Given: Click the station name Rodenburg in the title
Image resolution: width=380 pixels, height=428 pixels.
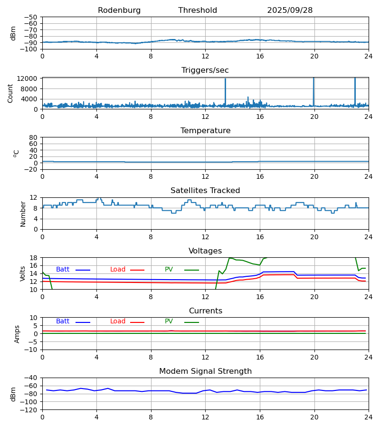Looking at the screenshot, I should (x=119, y=10).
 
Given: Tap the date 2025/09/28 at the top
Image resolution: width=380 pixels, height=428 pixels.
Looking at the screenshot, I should (x=290, y=10).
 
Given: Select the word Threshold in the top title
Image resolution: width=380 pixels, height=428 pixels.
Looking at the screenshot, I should (x=198, y=10).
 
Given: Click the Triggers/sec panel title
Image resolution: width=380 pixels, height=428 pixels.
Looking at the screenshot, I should (x=205, y=70).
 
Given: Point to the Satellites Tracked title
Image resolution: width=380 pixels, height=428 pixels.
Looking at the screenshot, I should (x=205, y=191).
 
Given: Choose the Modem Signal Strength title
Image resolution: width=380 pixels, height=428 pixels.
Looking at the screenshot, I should (x=205, y=371).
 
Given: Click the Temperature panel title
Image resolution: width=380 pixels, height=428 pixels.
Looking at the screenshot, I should (x=205, y=131).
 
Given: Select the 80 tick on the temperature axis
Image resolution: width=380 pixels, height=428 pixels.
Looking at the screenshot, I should (x=33, y=137).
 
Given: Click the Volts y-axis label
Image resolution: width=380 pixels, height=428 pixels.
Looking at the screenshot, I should (x=23, y=273).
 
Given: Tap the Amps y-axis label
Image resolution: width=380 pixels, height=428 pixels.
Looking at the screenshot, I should (x=17, y=334).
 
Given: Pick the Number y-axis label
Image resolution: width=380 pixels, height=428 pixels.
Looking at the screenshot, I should (x=23, y=214).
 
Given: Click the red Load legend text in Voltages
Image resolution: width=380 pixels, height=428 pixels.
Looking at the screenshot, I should (x=118, y=270).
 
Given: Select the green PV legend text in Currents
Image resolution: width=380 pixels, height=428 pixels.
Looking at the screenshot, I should (x=169, y=321).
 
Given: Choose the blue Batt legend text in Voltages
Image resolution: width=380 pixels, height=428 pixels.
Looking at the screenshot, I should (x=63, y=270).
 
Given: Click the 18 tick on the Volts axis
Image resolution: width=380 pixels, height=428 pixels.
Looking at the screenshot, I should (x=33, y=258).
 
